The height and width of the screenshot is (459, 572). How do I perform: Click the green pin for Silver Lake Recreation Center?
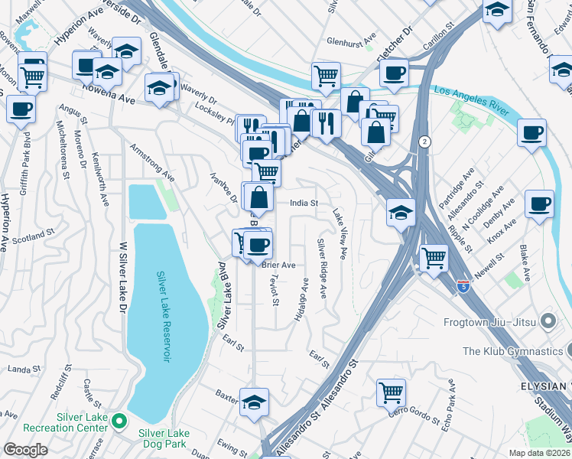[119, 421]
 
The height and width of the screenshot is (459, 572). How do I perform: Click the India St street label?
[304, 203]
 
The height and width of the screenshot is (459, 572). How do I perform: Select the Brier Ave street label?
[278, 265]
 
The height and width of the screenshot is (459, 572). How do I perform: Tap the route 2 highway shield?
[424, 142]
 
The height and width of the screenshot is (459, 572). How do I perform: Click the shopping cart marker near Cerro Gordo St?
[391, 393]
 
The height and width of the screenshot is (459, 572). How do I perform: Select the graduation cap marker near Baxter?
[254, 402]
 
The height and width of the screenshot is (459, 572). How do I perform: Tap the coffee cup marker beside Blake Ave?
[539, 204]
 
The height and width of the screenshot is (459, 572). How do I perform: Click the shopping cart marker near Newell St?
[434, 258]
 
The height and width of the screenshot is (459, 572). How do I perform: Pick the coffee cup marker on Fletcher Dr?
[394, 73]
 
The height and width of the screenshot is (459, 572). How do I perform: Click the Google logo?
[25, 450]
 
